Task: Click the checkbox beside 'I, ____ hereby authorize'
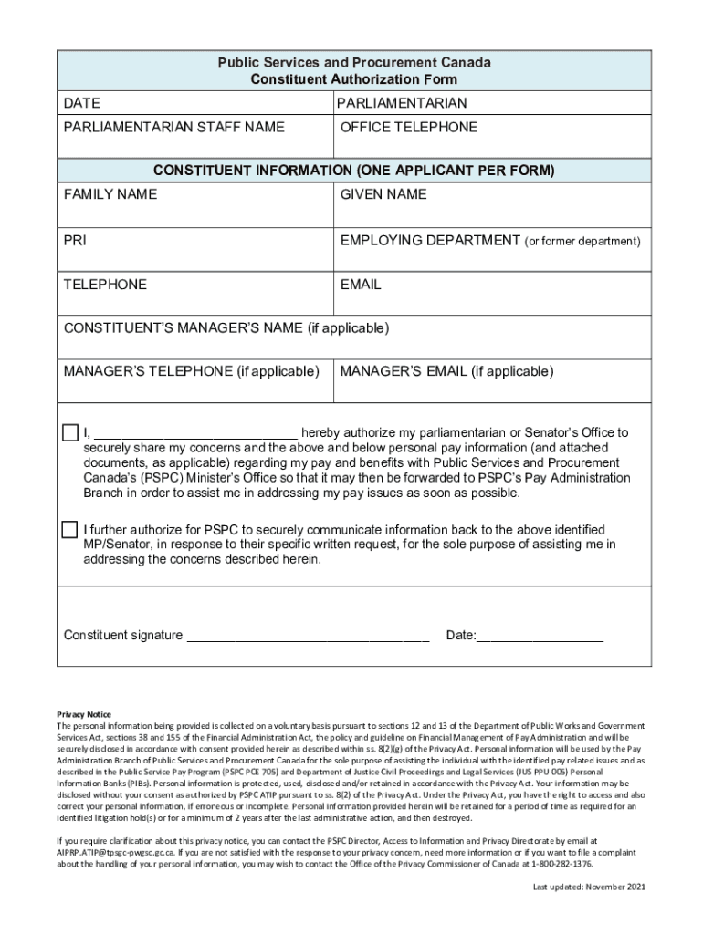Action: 70,432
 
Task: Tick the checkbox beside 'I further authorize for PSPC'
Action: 70,530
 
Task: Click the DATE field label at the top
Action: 82,103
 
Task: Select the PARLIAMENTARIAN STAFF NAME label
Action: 173,127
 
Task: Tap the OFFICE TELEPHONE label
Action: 408,127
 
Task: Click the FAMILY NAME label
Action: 110,194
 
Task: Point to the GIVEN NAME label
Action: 383,194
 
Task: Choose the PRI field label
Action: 75,241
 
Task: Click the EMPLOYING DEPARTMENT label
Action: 430,241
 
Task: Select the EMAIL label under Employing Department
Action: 361,285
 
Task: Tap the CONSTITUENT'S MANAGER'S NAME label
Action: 226,327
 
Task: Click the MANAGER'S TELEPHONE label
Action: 191,371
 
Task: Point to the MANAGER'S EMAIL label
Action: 446,371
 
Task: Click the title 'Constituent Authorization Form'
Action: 354,80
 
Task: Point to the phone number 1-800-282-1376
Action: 561,863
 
